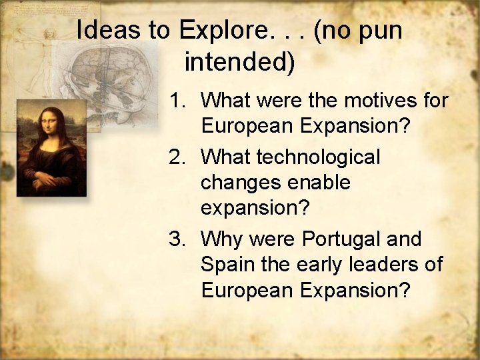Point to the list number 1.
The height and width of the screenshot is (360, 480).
[x=176, y=101]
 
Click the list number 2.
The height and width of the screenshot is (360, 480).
[x=176, y=157]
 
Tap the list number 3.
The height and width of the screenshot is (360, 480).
[x=176, y=239]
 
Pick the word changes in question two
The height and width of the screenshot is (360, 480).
[x=238, y=183]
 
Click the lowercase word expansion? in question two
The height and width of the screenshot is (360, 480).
[x=255, y=209]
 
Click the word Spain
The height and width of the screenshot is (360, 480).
[x=227, y=265]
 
